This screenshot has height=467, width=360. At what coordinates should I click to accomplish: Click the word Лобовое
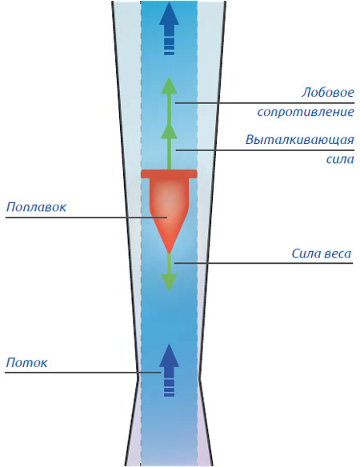point(327,92)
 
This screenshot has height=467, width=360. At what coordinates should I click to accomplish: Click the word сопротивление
point(306,112)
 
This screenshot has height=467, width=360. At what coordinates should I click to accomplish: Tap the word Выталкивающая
point(300,139)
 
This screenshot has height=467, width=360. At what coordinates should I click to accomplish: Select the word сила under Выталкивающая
point(340,159)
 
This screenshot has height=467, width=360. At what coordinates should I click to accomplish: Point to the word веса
point(338,254)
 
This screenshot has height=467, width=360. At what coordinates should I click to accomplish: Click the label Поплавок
point(36,206)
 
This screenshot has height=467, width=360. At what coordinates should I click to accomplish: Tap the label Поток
point(27,363)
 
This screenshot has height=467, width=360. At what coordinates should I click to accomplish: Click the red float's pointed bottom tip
point(169,253)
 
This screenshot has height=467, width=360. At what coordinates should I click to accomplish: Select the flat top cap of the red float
point(169,174)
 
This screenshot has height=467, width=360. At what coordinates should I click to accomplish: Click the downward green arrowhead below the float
point(169,282)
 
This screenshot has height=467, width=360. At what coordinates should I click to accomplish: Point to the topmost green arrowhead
point(169,86)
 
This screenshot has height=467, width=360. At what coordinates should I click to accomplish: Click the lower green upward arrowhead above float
point(169,132)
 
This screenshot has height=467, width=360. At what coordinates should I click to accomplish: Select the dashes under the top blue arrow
point(169,46)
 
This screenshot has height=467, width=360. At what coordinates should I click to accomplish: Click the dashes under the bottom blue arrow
point(169,388)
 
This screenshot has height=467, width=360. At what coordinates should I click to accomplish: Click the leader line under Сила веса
point(263,263)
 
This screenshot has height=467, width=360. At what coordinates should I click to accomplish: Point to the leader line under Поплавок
point(86,218)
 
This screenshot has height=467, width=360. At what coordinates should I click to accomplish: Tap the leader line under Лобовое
point(265,103)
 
